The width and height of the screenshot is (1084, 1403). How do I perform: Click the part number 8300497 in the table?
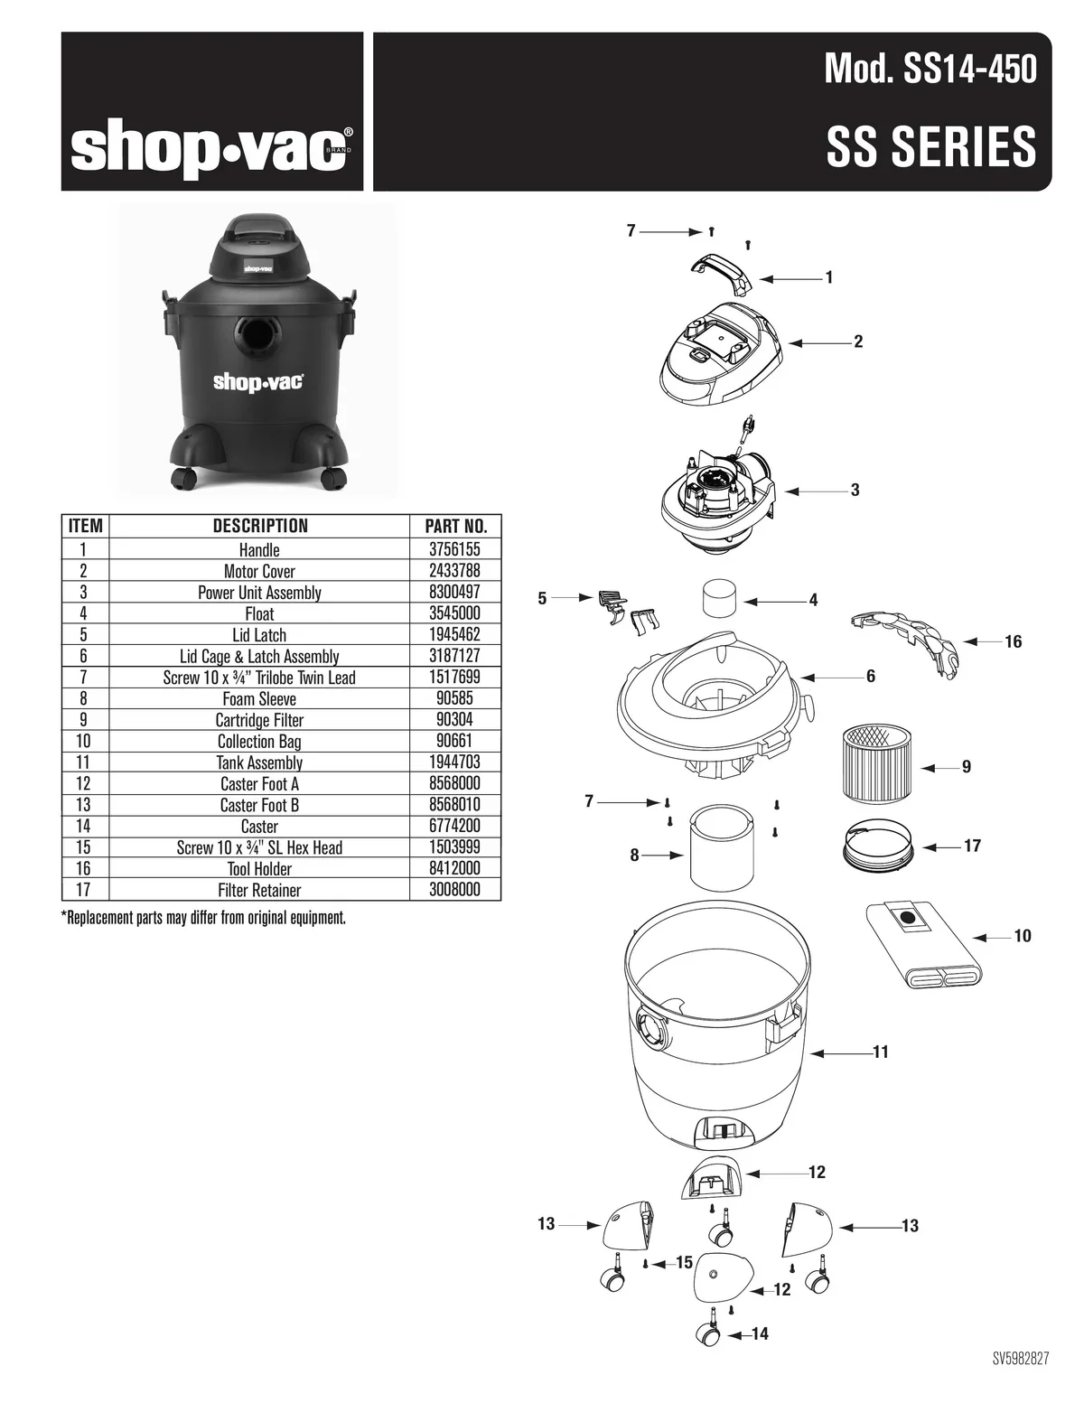[454, 593]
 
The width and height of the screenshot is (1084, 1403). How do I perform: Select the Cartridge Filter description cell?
[259, 720]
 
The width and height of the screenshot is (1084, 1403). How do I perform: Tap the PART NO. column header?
[455, 526]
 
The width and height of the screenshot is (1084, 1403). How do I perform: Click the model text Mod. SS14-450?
[930, 69]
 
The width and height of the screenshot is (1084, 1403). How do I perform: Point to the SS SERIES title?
[931, 146]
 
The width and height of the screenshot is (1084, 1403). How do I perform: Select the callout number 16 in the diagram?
[1013, 641]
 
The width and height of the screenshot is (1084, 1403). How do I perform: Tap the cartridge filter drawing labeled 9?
[877, 763]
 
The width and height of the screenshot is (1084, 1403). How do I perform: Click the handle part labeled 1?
[722, 272]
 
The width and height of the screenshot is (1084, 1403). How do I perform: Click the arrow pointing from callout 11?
[841, 1052]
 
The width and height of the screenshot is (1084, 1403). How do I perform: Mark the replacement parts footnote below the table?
[204, 918]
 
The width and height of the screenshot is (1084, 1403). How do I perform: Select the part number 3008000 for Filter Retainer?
[454, 890]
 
